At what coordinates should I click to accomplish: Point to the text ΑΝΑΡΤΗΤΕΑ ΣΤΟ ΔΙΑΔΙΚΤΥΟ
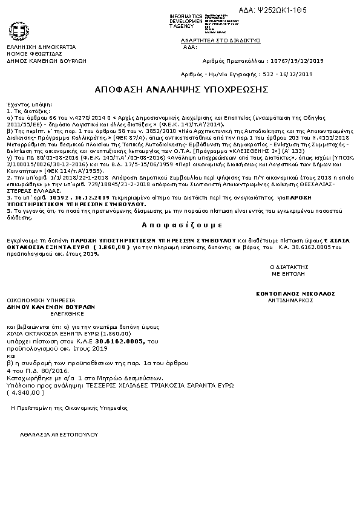point(232,41)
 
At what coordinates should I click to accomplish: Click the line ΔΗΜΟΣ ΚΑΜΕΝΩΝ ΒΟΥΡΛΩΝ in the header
point(47,60)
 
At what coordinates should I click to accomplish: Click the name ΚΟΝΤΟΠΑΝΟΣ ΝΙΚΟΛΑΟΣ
point(295,293)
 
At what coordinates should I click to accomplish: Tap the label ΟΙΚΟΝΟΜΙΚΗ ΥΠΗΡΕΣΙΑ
point(41,300)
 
